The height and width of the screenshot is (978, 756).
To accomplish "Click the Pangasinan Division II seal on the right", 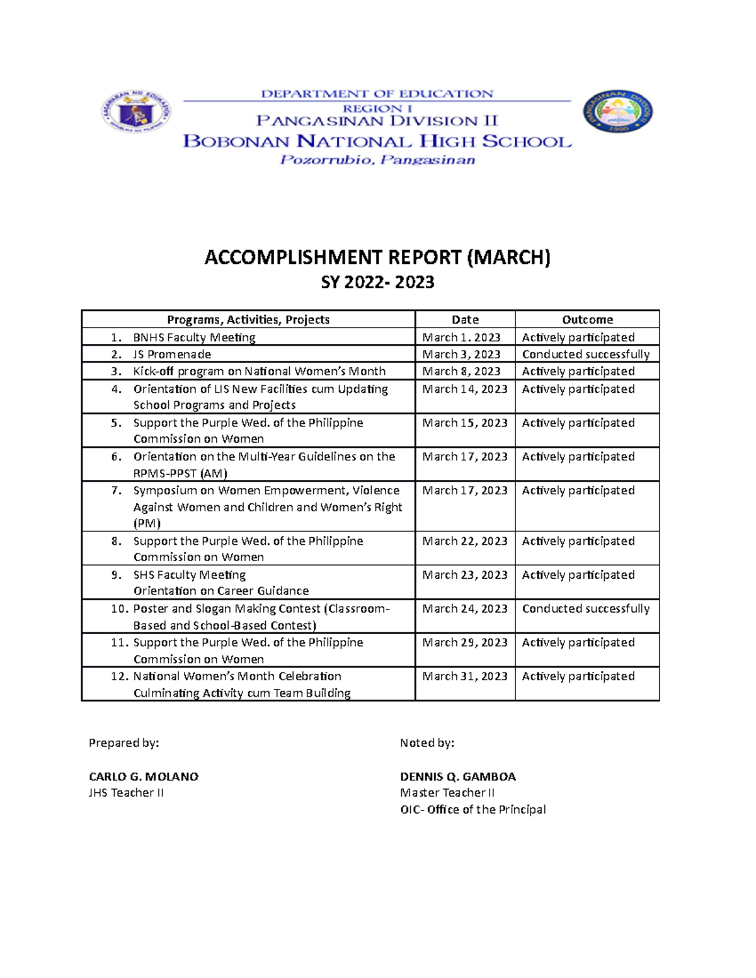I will [617, 111].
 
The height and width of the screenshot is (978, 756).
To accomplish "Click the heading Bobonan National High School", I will [377, 141].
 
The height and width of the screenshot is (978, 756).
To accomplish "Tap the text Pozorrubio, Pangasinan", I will [377, 160].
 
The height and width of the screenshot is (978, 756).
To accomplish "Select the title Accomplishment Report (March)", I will [377, 257].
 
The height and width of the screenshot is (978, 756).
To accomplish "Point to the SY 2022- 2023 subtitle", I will [377, 282].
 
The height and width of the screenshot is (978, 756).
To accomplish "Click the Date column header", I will [465, 319].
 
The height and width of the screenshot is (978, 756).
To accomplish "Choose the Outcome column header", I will [587, 319].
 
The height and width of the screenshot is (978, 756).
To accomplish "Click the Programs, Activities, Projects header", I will [248, 319].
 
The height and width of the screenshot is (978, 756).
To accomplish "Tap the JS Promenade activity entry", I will [172, 354].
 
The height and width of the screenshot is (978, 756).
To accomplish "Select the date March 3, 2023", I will [461, 354].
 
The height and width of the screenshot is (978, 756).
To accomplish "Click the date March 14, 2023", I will [465, 389].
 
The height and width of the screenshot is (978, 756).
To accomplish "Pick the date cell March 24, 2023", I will [465, 608].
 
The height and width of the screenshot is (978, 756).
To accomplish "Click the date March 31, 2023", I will [465, 676].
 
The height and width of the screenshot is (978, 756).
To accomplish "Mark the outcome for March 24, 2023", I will [585, 608].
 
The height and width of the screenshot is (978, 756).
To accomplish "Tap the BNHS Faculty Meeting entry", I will [194, 337].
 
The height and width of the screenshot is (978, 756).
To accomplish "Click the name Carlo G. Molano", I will [144, 776].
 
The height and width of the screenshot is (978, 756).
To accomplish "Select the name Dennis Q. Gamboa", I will [457, 776].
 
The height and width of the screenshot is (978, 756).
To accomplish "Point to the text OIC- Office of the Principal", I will [472, 809].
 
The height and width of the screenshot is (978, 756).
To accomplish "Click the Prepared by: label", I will [123, 743].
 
